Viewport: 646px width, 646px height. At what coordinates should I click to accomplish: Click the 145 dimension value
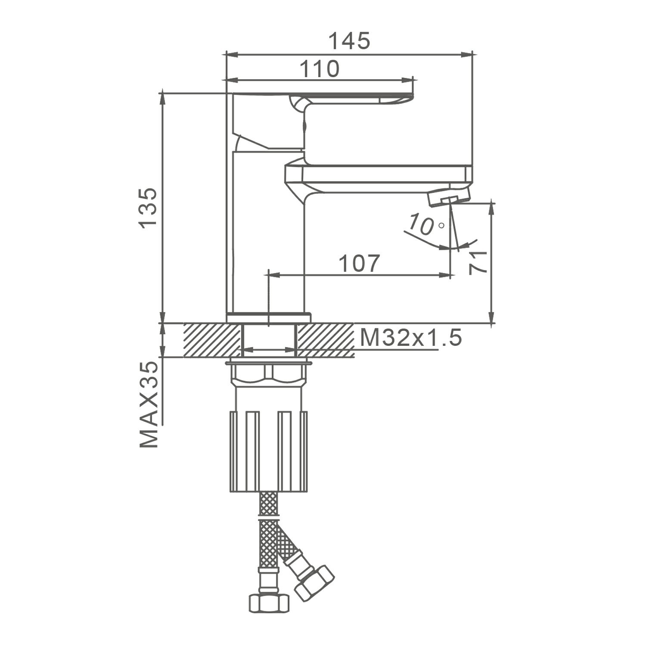(349, 41)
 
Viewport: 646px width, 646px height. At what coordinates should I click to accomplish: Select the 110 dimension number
(319, 69)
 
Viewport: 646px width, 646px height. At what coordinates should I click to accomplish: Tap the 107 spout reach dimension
(360, 263)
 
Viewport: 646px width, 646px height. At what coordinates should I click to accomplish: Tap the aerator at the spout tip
(449, 196)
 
